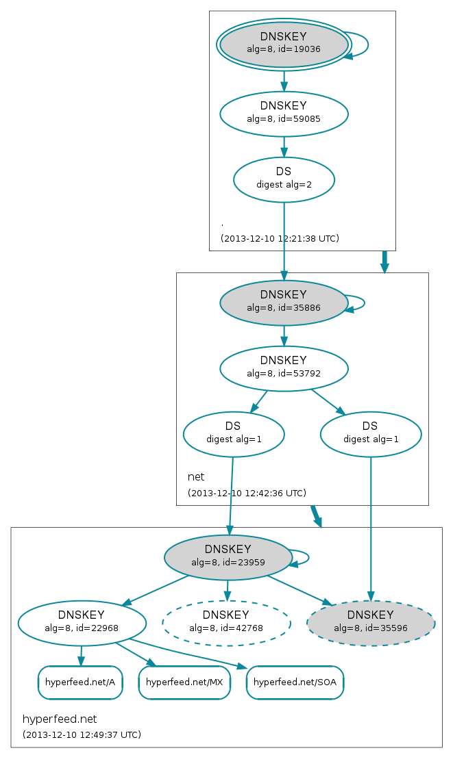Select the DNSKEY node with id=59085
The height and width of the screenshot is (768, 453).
(x=284, y=114)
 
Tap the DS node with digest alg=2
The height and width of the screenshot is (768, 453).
(x=284, y=179)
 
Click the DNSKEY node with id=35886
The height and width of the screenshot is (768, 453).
(x=284, y=303)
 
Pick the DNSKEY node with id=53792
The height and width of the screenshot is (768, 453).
(x=284, y=368)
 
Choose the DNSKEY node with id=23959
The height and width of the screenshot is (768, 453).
(x=228, y=557)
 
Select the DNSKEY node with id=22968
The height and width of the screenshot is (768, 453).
(x=82, y=623)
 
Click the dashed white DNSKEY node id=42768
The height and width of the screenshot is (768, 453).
(x=226, y=623)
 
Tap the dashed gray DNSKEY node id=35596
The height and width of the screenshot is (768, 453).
(x=371, y=623)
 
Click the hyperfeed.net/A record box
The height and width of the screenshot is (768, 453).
(x=80, y=682)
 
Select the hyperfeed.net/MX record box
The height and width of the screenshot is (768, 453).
(x=184, y=682)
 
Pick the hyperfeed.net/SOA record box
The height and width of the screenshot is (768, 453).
(x=295, y=682)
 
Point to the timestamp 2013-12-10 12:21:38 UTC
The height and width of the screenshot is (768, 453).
(x=280, y=238)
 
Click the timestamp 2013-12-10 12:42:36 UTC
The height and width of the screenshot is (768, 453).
(x=247, y=493)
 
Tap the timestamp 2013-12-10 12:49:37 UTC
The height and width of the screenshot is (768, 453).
(x=82, y=734)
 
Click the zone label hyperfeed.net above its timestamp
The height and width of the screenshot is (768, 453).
(x=60, y=719)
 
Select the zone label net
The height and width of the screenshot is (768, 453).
(x=196, y=476)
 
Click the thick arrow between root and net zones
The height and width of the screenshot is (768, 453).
(x=384, y=261)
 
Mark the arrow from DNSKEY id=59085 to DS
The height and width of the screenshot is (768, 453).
(x=284, y=147)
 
